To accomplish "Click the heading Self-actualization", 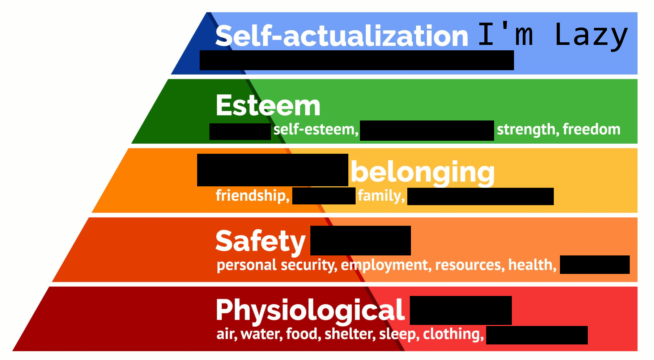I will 341,36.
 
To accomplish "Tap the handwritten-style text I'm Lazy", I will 553,35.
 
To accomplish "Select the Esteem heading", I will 268,105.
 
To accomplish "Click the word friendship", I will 252,196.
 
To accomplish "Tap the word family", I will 381,196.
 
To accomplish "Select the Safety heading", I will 260,241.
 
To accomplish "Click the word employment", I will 386,265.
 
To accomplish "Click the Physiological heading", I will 310,310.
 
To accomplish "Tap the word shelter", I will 350,334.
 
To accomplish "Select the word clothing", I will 453,334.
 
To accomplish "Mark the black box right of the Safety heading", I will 360,241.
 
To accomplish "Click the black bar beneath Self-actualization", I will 357,60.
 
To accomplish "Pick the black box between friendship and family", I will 324,196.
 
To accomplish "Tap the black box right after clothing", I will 537,335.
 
